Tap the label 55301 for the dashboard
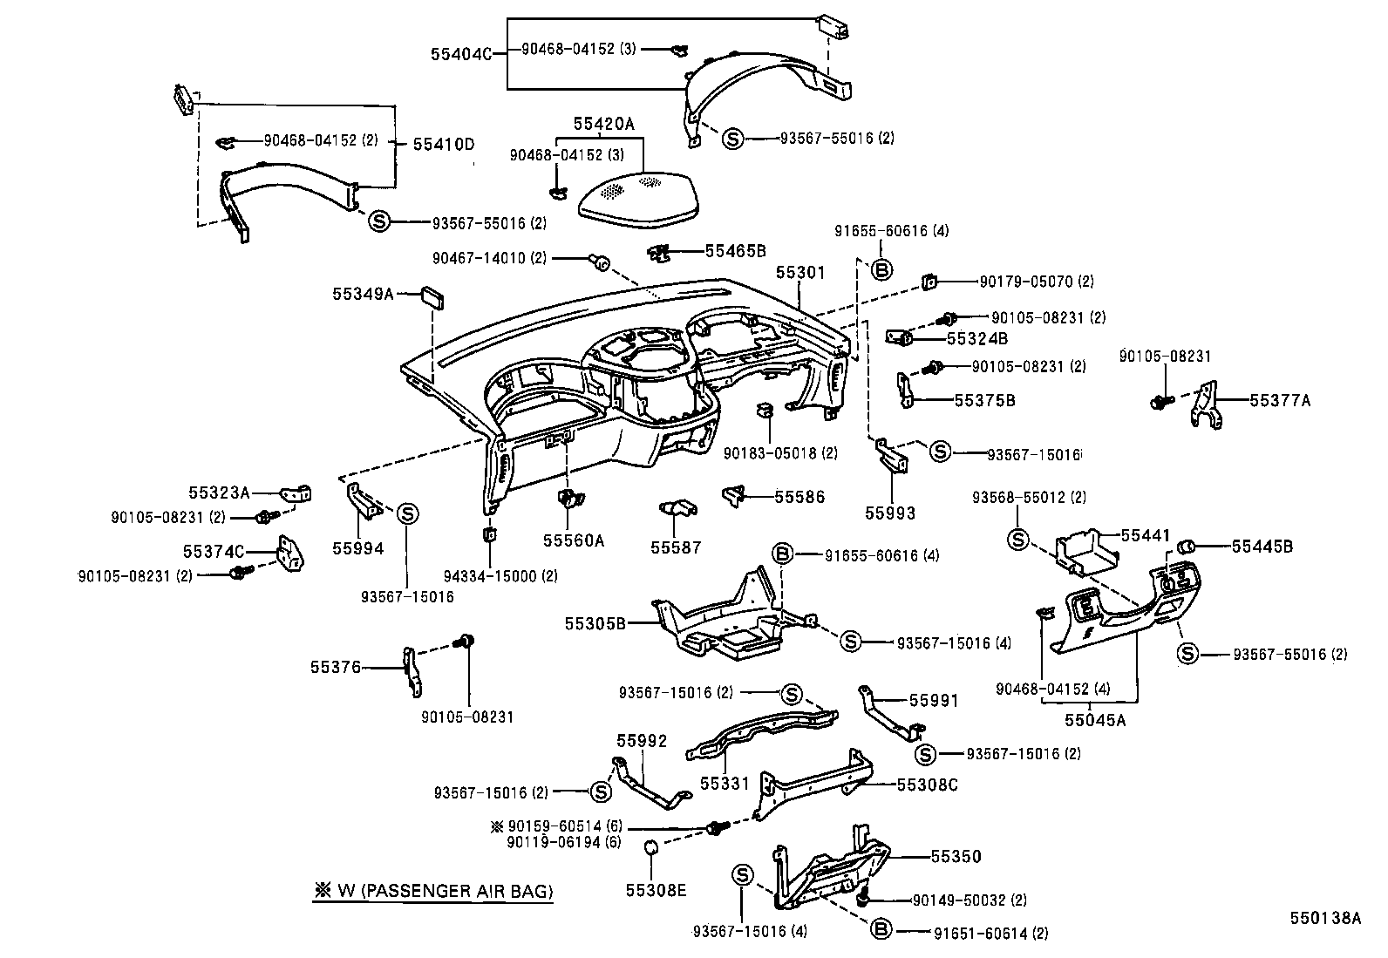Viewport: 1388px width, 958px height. (x=800, y=273)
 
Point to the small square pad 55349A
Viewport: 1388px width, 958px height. (x=433, y=296)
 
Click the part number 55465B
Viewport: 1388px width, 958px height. (x=735, y=251)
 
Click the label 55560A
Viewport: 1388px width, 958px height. (x=573, y=540)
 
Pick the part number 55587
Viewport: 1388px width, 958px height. (x=676, y=547)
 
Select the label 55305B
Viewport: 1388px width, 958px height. (x=595, y=623)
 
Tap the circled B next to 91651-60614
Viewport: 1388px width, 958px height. (x=881, y=930)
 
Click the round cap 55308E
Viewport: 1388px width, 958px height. (x=650, y=846)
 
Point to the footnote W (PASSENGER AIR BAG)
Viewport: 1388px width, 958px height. (x=433, y=891)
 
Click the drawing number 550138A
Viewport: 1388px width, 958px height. (x=1325, y=918)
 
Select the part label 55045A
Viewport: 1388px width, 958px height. (x=1095, y=720)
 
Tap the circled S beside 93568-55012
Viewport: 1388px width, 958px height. (x=1017, y=540)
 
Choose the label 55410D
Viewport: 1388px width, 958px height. (x=443, y=143)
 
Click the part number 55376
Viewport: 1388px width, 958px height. (x=335, y=667)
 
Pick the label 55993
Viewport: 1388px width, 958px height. (x=890, y=513)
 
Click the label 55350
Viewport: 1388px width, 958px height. (x=956, y=857)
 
